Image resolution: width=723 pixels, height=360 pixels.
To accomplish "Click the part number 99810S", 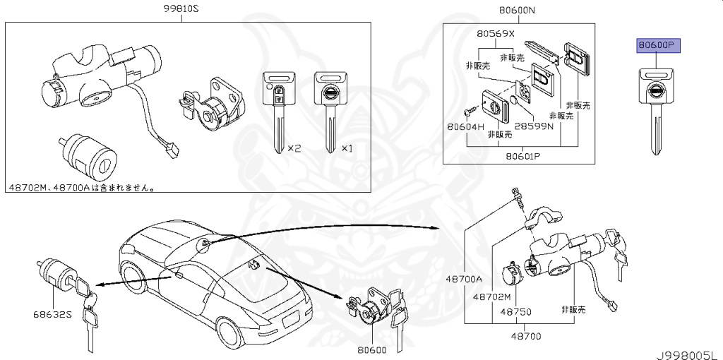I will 181,10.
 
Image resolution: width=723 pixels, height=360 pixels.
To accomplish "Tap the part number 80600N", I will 517,10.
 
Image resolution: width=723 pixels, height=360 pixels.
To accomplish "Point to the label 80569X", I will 495,33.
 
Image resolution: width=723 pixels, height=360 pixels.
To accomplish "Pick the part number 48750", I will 515,311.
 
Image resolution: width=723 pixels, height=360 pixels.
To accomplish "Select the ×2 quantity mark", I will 294,148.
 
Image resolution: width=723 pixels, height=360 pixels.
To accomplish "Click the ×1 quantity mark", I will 347,148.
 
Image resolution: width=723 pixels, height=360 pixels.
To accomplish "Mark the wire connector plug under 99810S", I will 171,150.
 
